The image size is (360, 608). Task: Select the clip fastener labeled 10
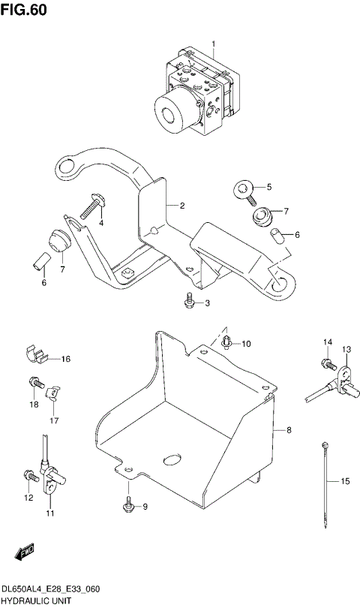point(226,343)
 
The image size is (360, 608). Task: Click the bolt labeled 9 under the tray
point(128,507)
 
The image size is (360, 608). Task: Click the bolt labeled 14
point(327,364)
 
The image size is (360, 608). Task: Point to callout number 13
point(346,349)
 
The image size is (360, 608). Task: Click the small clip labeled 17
point(52,391)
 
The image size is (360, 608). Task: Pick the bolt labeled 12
point(29,475)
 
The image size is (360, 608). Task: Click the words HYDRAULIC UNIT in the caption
point(36,601)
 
